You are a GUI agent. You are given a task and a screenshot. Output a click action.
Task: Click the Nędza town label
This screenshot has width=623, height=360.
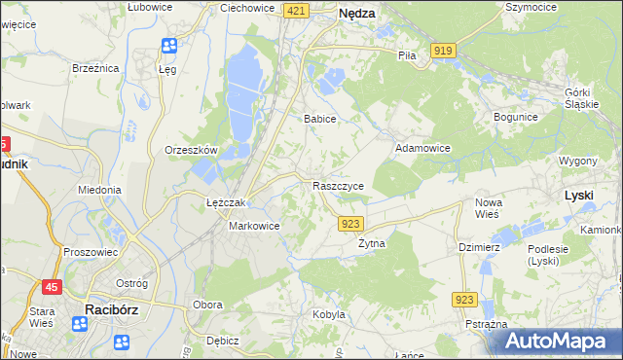point(356,14)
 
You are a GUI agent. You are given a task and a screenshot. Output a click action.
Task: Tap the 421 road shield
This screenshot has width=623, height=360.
point(297,10)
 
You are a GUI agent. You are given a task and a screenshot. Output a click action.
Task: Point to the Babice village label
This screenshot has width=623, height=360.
point(319,119)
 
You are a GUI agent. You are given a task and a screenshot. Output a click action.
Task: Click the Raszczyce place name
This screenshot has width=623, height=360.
point(339,185)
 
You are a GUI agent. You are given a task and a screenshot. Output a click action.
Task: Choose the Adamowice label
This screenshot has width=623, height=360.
point(421,148)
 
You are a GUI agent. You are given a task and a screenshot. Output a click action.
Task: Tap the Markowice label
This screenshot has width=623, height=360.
point(254,226)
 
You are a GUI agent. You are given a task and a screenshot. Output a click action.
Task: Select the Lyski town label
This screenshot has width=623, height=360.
point(579,196)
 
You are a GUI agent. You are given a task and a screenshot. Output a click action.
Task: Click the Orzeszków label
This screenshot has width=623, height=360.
point(191,150)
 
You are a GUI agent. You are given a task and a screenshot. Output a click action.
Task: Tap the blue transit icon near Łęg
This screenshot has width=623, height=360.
point(168,46)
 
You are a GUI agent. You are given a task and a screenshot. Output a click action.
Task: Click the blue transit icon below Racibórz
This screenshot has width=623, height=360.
point(122,342)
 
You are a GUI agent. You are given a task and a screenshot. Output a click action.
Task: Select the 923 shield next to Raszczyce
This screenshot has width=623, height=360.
point(351,224)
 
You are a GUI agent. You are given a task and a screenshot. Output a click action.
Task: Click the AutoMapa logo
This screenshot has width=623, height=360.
point(561,342)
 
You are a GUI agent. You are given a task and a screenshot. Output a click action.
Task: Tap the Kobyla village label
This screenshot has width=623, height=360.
point(329,314)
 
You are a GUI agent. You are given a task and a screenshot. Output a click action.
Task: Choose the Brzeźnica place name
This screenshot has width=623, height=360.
point(95,68)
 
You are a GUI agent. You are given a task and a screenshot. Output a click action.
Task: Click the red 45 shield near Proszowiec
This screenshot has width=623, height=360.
point(52,286)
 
